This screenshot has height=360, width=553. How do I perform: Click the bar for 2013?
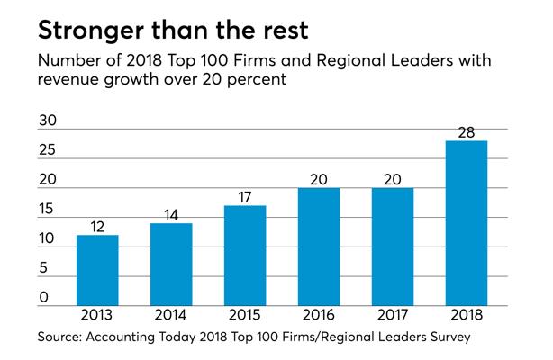click(x=97, y=271)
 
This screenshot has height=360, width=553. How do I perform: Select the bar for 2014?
click(x=171, y=265)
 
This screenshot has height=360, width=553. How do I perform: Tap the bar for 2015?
click(x=245, y=256)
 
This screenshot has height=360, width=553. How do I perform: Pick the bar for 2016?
click(x=319, y=247)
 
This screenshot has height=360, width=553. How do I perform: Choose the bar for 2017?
click(x=393, y=247)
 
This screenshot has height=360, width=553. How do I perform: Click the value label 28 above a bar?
click(x=467, y=130)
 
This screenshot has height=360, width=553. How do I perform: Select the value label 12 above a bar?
click(x=97, y=225)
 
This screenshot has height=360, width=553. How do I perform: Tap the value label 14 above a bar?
click(x=171, y=213)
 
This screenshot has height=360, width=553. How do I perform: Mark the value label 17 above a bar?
click(x=245, y=195)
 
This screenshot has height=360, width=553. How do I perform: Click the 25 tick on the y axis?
click(x=45, y=150)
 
